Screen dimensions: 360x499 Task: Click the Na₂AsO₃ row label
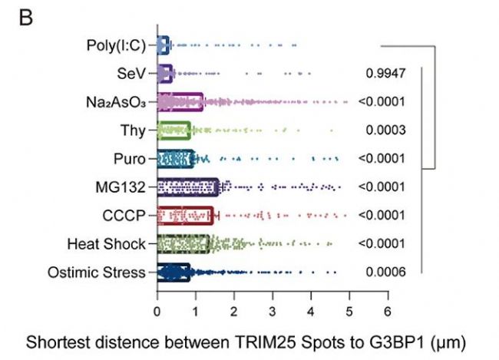click(x=117, y=101)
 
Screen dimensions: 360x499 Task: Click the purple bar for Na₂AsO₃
click(x=180, y=101)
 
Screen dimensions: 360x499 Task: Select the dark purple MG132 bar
click(x=187, y=187)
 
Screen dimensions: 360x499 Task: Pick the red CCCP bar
click(x=185, y=215)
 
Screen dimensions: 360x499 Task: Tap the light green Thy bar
click(x=173, y=130)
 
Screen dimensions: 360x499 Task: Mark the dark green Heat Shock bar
click(x=183, y=243)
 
